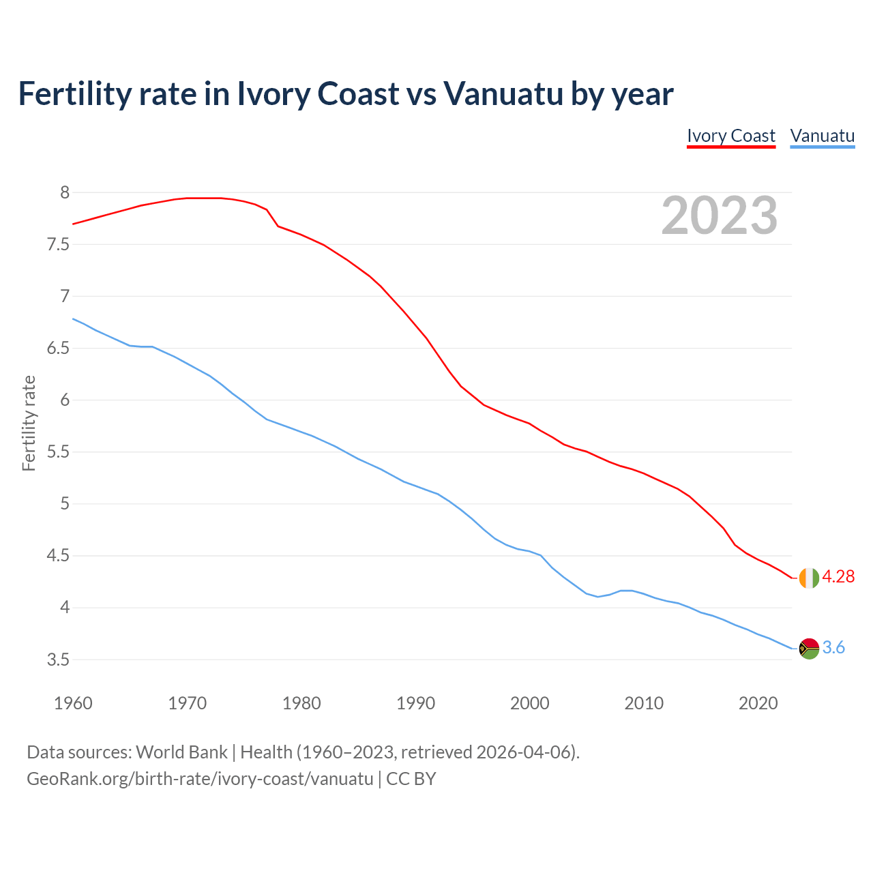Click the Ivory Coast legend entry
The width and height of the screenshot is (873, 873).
click(x=730, y=136)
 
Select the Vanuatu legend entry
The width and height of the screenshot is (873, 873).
click(x=822, y=136)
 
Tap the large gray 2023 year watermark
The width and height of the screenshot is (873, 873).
click(x=719, y=216)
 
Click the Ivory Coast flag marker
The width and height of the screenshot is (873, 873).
click(x=809, y=577)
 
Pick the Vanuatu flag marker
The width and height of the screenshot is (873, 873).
click(x=809, y=648)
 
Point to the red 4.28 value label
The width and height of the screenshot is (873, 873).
click(x=838, y=577)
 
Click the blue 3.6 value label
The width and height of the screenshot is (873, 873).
click(x=833, y=648)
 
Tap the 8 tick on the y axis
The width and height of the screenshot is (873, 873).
click(x=65, y=193)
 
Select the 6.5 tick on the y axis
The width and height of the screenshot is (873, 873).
click(x=58, y=349)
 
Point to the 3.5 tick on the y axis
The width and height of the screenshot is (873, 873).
click(x=58, y=660)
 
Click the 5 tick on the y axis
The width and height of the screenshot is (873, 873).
click(x=65, y=504)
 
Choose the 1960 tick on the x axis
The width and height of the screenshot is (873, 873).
click(x=73, y=703)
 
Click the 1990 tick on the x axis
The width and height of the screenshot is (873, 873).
click(x=415, y=703)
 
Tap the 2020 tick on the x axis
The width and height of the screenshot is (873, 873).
click(x=758, y=703)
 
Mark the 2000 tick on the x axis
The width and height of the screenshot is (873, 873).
click(x=529, y=703)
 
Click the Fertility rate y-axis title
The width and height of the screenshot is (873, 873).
click(x=29, y=423)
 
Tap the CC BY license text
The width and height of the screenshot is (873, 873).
click(x=411, y=779)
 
